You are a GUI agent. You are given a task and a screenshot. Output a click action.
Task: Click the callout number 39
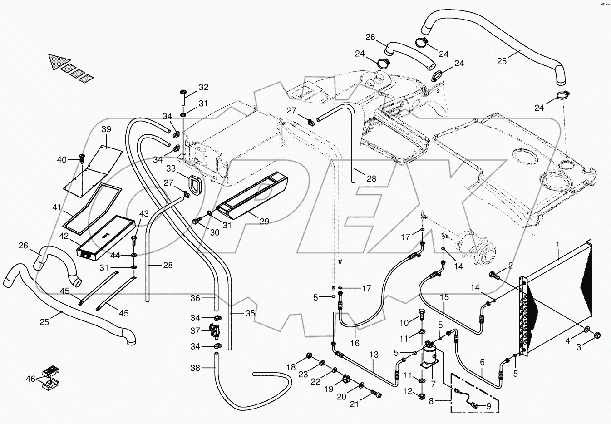(x=106, y=129)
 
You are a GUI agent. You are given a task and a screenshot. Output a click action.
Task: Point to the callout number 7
(x=433, y=384)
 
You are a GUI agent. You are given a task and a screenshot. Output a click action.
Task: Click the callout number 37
(x=195, y=330)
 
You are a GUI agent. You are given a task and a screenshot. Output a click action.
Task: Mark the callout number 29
(x=264, y=221)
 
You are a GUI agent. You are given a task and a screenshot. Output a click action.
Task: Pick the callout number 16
(x=355, y=343)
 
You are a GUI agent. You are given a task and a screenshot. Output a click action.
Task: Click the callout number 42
(x=64, y=236)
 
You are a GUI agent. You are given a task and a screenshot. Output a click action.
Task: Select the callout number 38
(x=195, y=369)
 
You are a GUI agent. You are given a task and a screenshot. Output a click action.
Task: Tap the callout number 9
(x=488, y=406)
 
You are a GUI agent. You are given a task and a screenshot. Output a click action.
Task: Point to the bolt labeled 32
(x=183, y=96)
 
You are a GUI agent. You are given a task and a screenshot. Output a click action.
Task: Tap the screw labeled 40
(x=82, y=158)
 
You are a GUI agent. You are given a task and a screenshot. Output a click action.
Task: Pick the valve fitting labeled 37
(x=213, y=331)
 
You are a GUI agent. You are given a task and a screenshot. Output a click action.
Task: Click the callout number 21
(x=354, y=404)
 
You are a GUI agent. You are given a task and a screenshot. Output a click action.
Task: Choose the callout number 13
(x=374, y=355)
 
